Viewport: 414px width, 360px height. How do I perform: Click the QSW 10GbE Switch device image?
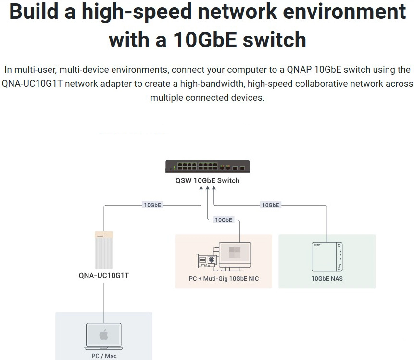click(208, 167)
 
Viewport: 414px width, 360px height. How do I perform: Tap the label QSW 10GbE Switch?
click(208, 181)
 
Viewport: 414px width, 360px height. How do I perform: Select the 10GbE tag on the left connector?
click(152, 205)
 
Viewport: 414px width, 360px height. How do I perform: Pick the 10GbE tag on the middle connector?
click(224, 220)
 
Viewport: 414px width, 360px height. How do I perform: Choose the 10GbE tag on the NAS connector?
click(270, 205)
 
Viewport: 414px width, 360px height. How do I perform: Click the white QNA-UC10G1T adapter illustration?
click(104, 250)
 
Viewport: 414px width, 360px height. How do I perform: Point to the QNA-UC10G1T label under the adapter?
click(104, 276)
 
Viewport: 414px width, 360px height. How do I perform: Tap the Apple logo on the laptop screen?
click(104, 334)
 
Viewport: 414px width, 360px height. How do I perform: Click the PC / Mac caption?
click(104, 356)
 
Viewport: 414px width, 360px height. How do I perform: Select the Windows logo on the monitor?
click(235, 253)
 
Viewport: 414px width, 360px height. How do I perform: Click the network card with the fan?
click(208, 260)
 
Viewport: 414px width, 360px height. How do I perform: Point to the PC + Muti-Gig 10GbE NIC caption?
click(224, 279)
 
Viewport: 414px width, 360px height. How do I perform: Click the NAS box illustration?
click(327, 257)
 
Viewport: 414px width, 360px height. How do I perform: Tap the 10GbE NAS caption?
click(327, 279)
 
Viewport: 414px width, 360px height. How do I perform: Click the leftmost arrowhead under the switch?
click(201, 188)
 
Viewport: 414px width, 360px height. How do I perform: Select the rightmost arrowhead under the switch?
click(214, 188)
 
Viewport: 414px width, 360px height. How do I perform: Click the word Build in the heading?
click(33, 12)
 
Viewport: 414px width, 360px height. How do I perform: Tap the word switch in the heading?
click(275, 39)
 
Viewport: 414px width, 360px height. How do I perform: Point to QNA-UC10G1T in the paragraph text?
click(32, 84)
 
